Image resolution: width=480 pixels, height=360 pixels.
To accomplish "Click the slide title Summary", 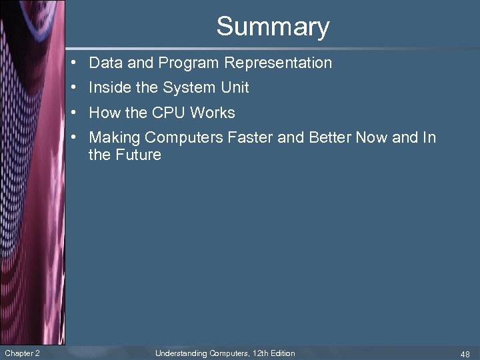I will coord(273,27).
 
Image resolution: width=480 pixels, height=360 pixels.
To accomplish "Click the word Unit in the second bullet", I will coord(235,87).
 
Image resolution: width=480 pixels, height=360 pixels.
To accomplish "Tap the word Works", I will coord(213,113).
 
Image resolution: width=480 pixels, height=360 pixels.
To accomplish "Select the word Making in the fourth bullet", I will coord(114,137).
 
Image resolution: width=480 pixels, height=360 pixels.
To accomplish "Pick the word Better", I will coord(330,137).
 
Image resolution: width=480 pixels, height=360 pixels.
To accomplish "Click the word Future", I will coord(138,155).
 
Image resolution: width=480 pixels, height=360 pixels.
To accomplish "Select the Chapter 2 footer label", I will coord(22,353).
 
